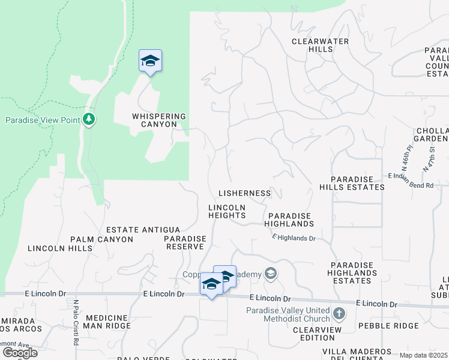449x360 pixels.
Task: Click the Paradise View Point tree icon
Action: [x=89, y=119]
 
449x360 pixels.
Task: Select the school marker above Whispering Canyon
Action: [x=150, y=61]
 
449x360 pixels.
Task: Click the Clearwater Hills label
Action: [x=312, y=45]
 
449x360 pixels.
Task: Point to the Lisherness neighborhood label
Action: [x=244, y=193]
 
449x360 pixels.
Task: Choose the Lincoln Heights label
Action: [x=228, y=211]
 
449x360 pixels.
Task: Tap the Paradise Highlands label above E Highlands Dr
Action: [x=291, y=220]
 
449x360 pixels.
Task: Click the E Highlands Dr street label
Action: [x=294, y=238]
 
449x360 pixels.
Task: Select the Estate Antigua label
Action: [x=143, y=230]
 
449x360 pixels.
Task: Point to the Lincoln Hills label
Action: [x=60, y=248]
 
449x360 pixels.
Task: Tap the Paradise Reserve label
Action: [x=185, y=242]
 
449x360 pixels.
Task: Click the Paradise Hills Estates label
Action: [x=358, y=183]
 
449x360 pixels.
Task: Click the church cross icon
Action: [x=339, y=313]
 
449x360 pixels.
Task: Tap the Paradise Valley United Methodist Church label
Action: [x=288, y=314]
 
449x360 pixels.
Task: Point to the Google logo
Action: [x=20, y=353]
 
